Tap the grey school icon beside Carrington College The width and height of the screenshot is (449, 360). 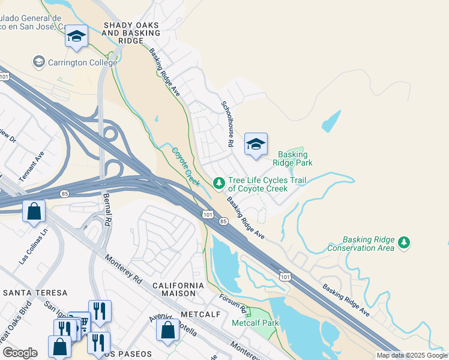click(39, 62)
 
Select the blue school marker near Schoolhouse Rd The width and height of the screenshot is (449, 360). click(256, 145)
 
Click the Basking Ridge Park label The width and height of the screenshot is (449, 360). click(292, 158)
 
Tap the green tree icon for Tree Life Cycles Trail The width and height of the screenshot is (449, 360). click(219, 182)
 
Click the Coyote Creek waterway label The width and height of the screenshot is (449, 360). click(186, 167)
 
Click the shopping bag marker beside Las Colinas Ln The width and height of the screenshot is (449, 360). click(34, 211)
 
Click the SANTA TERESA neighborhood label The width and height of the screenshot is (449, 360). click(35, 293)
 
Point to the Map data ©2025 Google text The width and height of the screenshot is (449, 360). click(411, 355)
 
